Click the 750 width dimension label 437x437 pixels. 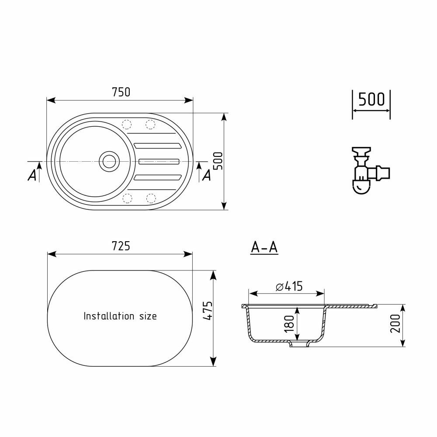(x=121, y=92)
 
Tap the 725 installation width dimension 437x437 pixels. (x=121, y=246)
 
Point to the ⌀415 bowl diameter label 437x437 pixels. (x=289, y=286)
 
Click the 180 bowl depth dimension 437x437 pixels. (x=289, y=323)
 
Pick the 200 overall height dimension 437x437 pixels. (x=395, y=323)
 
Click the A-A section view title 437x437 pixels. (x=264, y=247)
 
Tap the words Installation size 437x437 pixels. (x=120, y=316)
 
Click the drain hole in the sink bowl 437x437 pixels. (x=109, y=161)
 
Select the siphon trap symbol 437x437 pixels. (x=370, y=170)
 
